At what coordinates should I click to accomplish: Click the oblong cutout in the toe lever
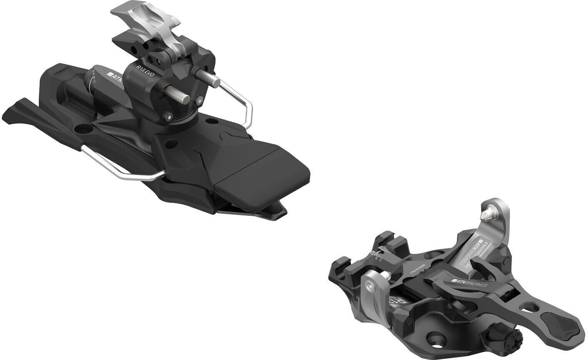(538, 308)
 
